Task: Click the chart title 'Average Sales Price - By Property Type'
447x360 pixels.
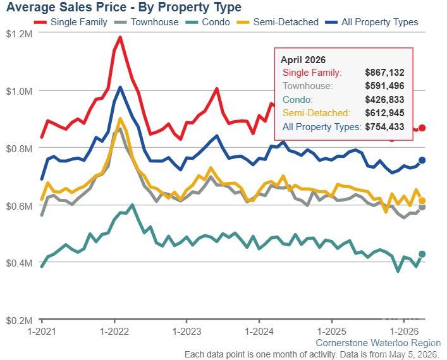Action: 124,8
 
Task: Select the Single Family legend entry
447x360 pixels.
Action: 70,22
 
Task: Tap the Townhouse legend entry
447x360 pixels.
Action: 146,22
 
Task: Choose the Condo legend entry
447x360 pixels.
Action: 207,22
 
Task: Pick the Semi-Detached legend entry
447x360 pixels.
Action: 278,22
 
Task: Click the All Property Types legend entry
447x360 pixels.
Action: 372,22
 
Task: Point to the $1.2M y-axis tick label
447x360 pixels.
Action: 19,34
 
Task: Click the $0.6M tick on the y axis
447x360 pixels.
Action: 19,206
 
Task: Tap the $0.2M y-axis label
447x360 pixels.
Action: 19,320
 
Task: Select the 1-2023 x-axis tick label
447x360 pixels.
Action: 187,332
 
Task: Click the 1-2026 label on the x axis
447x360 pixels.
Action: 404,332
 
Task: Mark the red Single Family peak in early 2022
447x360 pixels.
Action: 120,37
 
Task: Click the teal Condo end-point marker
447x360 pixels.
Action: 422,254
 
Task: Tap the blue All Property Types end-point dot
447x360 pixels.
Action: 422,160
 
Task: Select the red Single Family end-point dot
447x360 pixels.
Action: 422,128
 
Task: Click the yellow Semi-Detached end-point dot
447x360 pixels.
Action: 422,201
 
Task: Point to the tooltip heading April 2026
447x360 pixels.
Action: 303,60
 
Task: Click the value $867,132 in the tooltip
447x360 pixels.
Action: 384,73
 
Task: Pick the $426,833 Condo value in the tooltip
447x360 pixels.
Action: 384,100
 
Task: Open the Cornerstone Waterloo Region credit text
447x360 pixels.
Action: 378,343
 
